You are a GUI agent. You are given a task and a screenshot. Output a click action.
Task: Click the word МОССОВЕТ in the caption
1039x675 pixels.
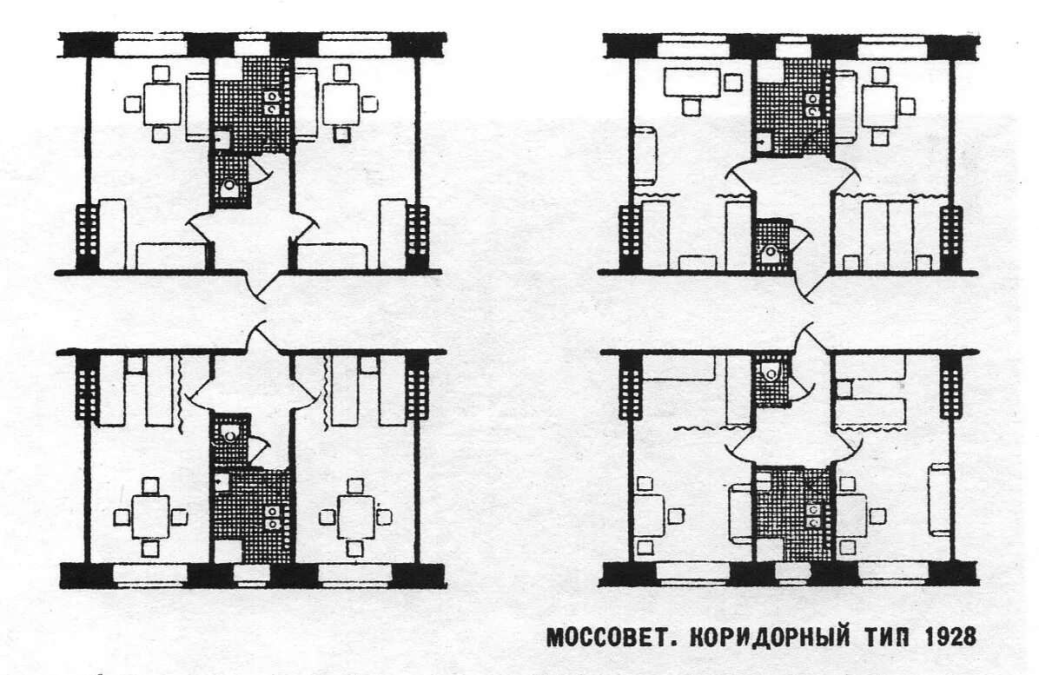[605, 637]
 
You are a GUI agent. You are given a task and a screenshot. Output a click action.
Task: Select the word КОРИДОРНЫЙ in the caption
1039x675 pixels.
[761, 637]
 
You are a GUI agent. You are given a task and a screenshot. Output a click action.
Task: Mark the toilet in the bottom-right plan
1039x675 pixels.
[770, 374]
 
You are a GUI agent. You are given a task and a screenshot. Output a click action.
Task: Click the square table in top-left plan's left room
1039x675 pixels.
[162, 103]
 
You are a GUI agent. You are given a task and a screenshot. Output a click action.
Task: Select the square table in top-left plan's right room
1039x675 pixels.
[341, 103]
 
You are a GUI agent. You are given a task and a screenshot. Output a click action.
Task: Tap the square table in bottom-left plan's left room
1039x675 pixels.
[151, 517]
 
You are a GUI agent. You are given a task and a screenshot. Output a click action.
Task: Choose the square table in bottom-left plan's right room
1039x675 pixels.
[356, 517]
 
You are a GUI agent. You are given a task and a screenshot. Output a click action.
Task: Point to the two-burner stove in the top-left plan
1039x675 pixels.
[272, 102]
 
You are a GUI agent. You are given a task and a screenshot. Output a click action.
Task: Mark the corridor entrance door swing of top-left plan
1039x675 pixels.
[261, 281]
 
